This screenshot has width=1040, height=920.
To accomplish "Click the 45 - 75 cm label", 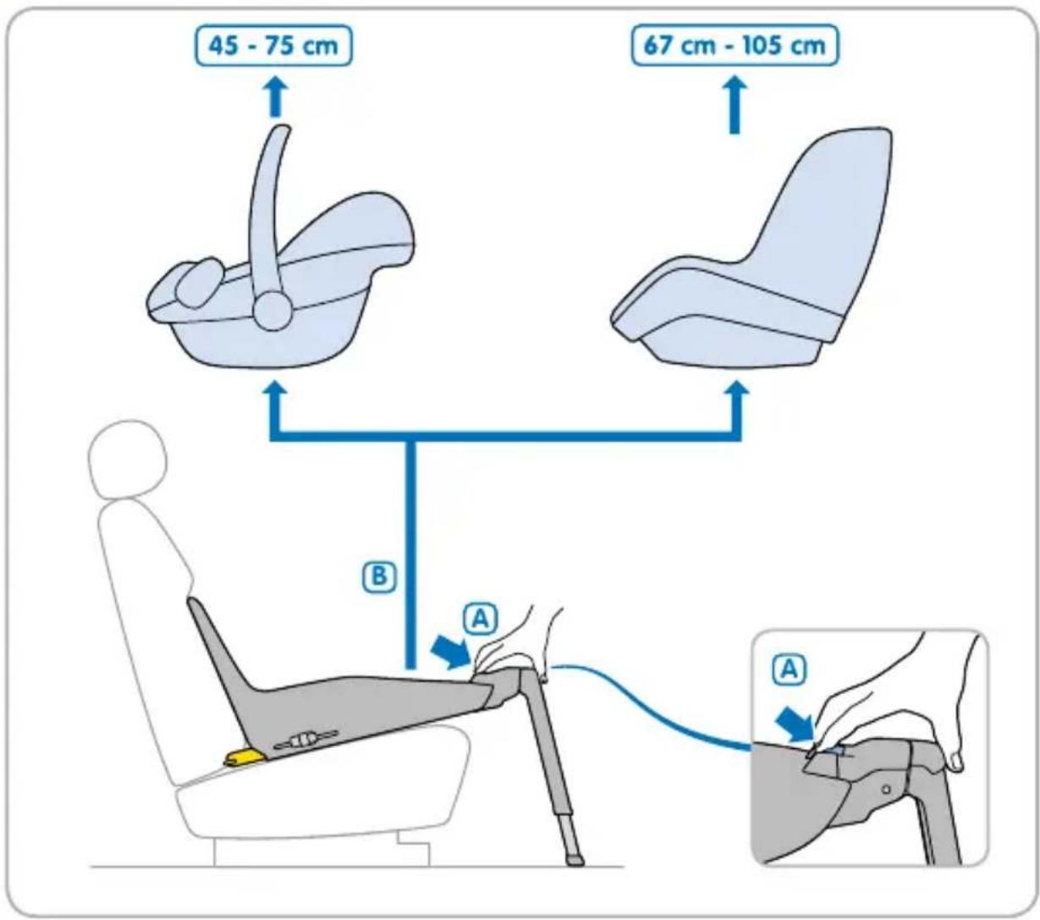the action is coord(273,46).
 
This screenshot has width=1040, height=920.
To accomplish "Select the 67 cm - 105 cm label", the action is coord(735,46).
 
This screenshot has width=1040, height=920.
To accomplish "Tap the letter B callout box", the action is coord(379,576).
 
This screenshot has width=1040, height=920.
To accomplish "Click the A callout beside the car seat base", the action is coord(481,620).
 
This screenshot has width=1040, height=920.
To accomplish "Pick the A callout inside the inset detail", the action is coord(790,669).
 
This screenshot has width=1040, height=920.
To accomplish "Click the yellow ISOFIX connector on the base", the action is coord(244,757).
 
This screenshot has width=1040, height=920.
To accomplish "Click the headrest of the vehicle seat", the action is coord(127,459).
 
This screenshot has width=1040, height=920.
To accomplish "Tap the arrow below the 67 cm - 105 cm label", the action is coord(735,105).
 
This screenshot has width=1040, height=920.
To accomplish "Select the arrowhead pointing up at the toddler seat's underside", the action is coord(737,394).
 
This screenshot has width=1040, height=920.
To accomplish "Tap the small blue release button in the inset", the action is coord(836,751).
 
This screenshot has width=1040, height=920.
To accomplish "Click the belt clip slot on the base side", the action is coord(306,740).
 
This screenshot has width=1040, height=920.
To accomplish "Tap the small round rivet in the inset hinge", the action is coord(887,788).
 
